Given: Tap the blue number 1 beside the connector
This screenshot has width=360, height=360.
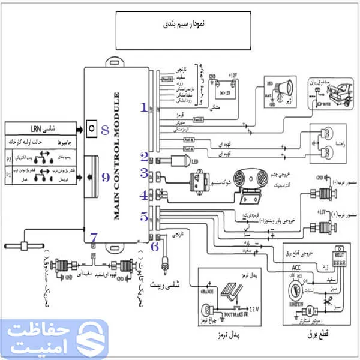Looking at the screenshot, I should [144, 107].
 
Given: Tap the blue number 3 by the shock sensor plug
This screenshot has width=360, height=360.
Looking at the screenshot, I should [144, 173].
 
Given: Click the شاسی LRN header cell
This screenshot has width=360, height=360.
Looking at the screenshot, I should [42, 128].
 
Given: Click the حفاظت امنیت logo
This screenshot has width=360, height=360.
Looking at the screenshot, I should [54, 338].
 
